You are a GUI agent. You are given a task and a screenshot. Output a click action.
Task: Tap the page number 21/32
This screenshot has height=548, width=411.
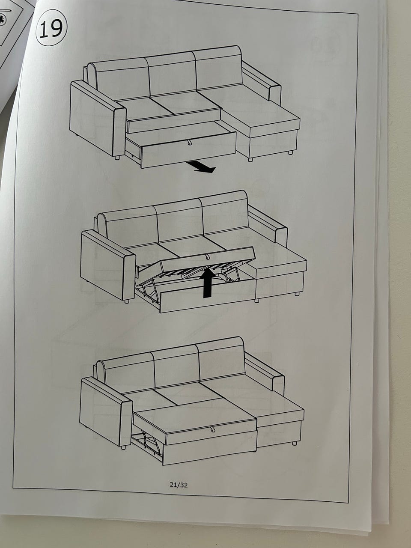pos(179,485)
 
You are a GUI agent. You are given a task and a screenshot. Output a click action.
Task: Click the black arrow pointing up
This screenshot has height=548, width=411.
pos(208,283)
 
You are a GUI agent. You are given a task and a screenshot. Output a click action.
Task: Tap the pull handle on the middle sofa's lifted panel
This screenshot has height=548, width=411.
pos(207,257)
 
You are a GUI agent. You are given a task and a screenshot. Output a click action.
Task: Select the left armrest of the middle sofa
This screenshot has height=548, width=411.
pos(108,265)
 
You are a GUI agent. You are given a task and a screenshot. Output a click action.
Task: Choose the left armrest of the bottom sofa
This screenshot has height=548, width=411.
pos(106,411)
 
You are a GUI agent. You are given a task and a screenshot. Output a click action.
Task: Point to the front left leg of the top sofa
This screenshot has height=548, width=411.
pos(117,158)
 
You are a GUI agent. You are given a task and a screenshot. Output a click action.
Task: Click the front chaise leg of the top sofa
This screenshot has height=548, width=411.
pos(250,160)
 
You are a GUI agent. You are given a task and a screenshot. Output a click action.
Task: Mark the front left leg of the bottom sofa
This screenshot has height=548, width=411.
pos(123,447)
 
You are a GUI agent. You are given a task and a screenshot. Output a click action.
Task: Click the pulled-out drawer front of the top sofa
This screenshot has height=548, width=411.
pos(189,150)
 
